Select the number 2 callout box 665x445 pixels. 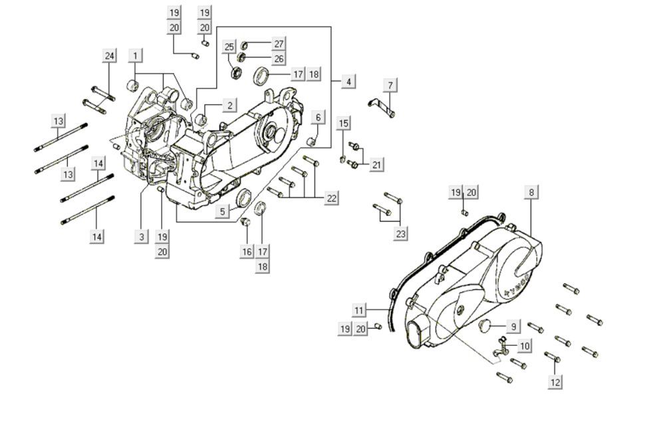[x=229, y=105]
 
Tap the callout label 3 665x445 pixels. [x=140, y=236]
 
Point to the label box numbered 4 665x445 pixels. [x=348, y=81]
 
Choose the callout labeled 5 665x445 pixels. [x=224, y=211]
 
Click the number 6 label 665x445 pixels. [x=318, y=118]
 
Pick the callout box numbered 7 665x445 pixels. [x=390, y=84]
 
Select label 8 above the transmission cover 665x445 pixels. [x=531, y=193]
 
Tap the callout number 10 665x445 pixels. [x=525, y=345]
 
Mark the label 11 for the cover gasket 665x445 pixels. [x=359, y=310]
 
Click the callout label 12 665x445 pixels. [x=555, y=382]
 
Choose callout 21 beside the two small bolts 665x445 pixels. [x=377, y=164]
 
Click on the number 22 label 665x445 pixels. [x=331, y=198]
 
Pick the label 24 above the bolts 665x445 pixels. [x=109, y=56]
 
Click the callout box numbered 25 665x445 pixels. [x=229, y=47]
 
